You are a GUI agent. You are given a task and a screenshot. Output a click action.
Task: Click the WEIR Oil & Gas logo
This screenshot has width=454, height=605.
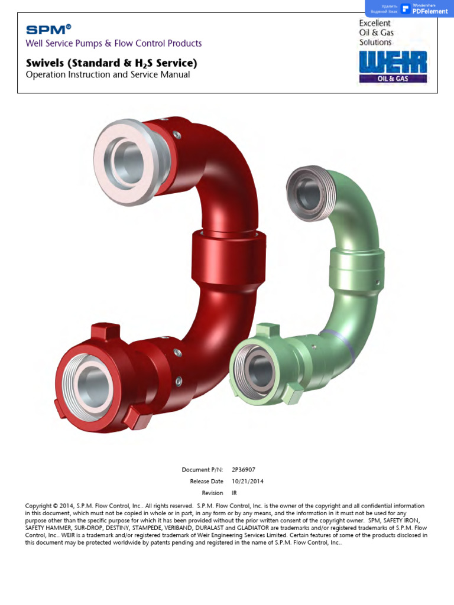click(393, 67)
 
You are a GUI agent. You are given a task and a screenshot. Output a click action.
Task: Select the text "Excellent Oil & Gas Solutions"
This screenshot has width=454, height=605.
click(376, 33)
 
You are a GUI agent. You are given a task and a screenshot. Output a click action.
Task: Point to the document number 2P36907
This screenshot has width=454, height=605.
click(244, 470)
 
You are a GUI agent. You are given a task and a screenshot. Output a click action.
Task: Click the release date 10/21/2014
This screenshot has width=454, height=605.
click(248, 482)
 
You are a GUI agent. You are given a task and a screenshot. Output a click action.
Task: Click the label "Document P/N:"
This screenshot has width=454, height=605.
click(202, 470)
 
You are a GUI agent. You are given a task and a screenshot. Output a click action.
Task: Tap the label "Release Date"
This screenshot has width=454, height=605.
click(206, 482)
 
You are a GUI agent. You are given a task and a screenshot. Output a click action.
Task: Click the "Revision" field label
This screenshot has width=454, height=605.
click(212, 493)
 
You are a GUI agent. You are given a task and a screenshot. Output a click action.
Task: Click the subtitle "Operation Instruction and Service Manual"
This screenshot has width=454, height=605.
click(108, 75)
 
